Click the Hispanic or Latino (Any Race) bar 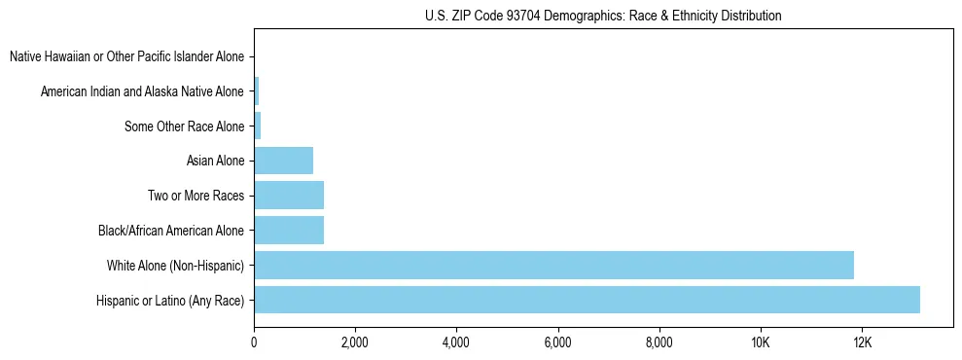[587, 300]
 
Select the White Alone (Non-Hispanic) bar [553, 265]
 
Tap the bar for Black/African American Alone [289, 231]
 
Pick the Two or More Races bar [289, 196]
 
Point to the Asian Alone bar [283, 161]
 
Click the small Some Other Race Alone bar [258, 126]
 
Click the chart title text [603, 16]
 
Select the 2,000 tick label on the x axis [355, 342]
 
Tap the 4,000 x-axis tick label [456, 342]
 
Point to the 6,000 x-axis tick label [557, 342]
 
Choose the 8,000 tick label [659, 342]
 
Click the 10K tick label [760, 342]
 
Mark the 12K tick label [861, 342]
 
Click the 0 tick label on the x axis [254, 342]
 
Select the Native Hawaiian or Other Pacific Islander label [127, 57]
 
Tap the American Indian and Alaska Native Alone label [143, 91]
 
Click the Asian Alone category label [216, 162]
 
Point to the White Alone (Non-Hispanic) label [176, 266]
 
